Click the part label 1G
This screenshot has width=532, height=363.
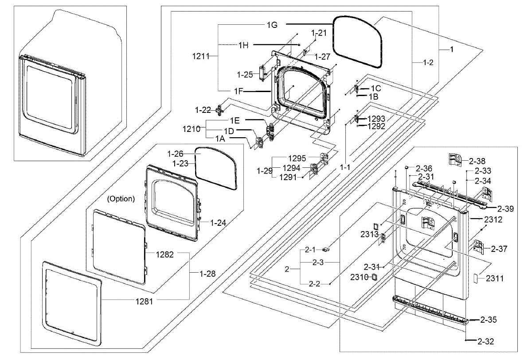[272, 25]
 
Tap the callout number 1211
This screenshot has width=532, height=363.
[201, 56]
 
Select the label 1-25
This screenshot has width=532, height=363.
[245, 74]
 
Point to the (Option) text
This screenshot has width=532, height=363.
[121, 199]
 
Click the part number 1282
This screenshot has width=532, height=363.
[164, 255]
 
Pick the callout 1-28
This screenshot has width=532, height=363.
[207, 274]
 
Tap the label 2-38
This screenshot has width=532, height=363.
[477, 162]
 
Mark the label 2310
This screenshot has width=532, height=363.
[359, 277]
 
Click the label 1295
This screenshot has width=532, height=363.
[297, 158]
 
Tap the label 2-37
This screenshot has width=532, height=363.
[499, 249]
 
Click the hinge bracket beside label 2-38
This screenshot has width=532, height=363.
[455, 160]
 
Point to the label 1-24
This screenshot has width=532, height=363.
[218, 223]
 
